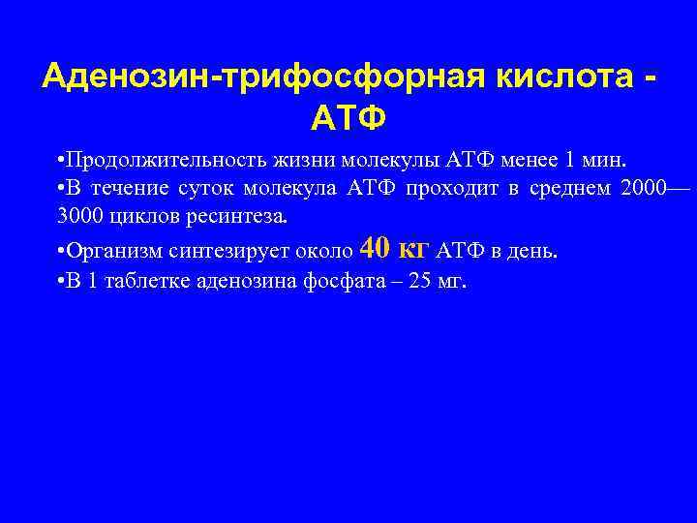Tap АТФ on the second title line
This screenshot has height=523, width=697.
pos(348,118)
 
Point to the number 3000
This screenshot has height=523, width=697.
pos(79,216)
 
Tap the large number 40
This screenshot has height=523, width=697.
pos(375,249)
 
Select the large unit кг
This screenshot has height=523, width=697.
pos(414,250)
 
